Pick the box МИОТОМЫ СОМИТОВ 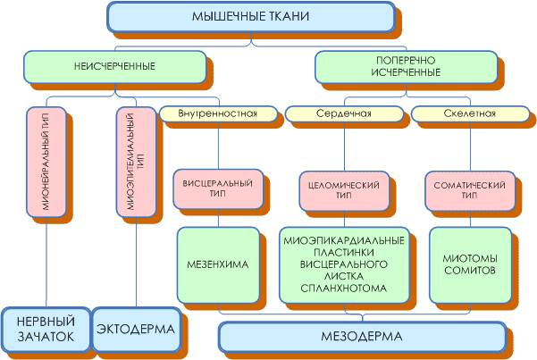[x=470, y=264]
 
